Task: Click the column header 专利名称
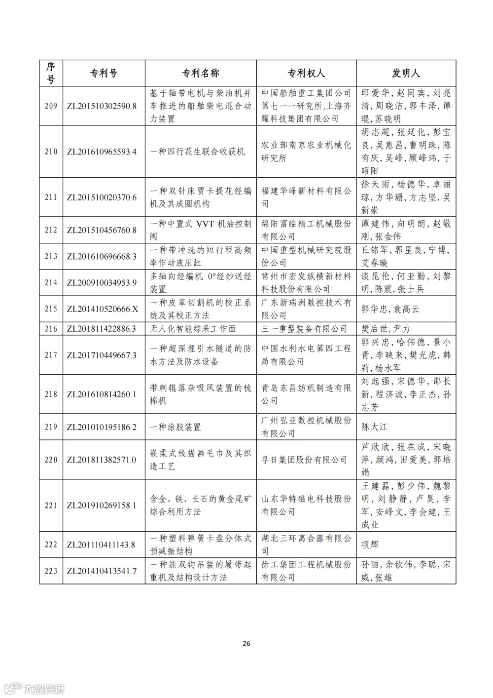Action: coord(201,74)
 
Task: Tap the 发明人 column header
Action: coord(406,74)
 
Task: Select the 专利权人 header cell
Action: coord(306,74)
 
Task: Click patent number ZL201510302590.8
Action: coord(102,106)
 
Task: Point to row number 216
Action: coord(51,329)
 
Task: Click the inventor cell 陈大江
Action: coord(374,427)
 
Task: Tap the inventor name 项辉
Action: coord(370,544)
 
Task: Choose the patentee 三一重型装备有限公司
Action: coord(304,329)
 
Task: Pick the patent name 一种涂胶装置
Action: coord(176,427)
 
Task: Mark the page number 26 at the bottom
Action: coord(246,643)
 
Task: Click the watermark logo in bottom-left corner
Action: coord(34,688)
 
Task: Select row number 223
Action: coord(51,571)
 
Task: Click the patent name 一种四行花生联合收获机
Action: coord(197,152)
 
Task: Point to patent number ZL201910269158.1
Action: coord(102,505)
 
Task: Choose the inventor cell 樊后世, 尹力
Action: coord(386,329)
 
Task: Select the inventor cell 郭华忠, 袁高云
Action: coord(390,309)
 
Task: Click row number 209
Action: coord(51,106)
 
